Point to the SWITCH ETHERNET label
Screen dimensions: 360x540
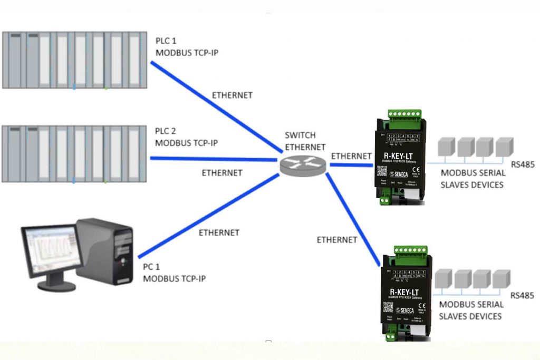(x=305, y=141)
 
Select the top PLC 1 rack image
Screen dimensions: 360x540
(x=73, y=60)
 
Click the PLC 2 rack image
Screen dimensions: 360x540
(x=73, y=153)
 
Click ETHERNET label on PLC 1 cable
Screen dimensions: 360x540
(x=232, y=95)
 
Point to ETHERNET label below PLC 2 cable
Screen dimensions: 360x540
(x=222, y=172)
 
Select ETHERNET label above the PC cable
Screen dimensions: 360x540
(x=219, y=232)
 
